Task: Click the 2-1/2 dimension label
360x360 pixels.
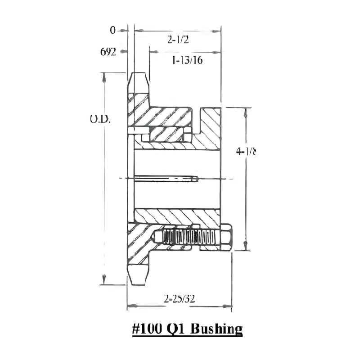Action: click(x=178, y=40)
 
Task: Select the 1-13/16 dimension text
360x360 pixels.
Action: click(x=187, y=61)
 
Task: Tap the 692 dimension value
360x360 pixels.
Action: click(x=108, y=51)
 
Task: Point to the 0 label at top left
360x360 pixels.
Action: click(x=112, y=31)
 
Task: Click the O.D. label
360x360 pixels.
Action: click(x=99, y=119)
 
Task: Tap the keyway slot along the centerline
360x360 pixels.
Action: click(x=164, y=179)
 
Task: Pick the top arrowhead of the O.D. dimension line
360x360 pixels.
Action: click(x=104, y=77)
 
